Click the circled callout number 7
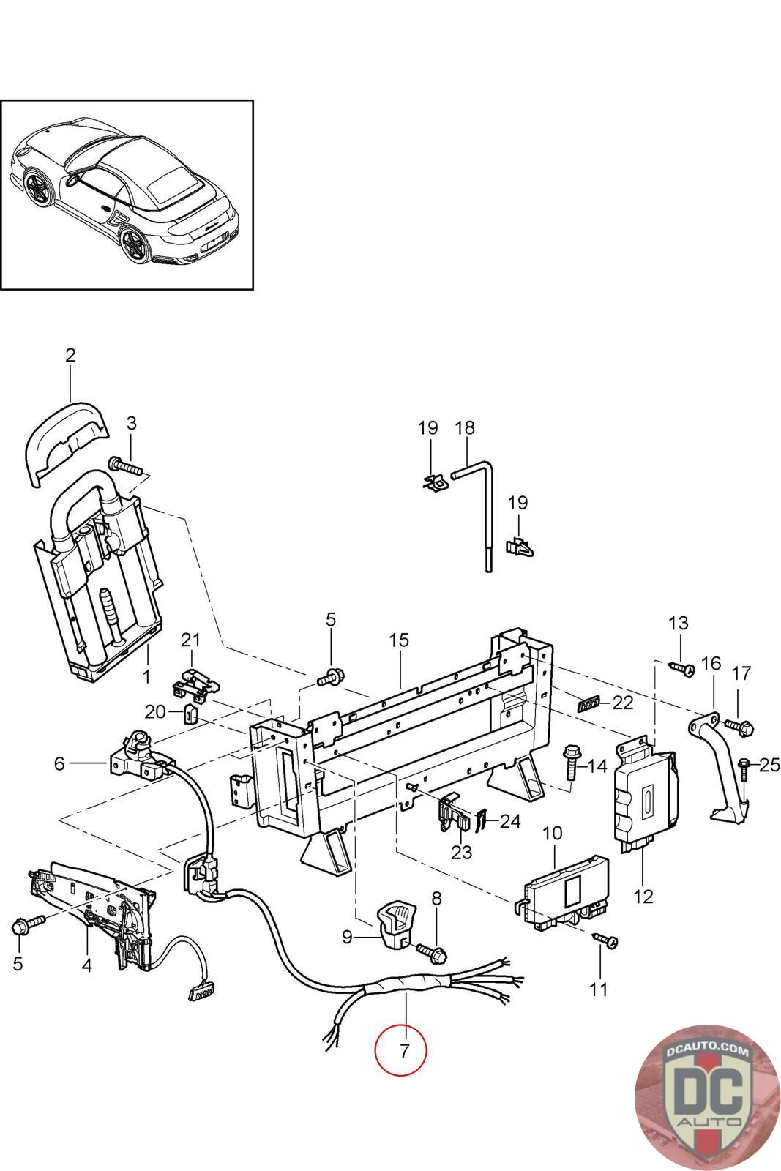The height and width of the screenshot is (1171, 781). (x=400, y=1051)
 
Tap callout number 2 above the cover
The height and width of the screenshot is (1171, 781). (x=70, y=356)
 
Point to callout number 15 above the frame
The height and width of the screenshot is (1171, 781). (x=399, y=640)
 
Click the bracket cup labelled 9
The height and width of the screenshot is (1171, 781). (x=395, y=926)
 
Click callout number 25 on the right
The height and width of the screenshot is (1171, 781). (x=769, y=766)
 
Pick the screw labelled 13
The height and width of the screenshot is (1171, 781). (x=681, y=667)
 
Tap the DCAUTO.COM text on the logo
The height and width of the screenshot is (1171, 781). (x=708, y=1050)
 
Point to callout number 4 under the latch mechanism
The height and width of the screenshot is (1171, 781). (x=86, y=965)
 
